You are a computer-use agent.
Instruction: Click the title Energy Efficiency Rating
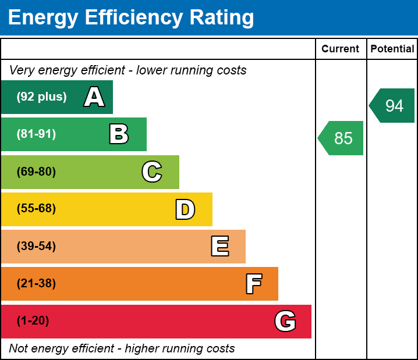131,18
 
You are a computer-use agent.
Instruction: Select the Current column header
341,49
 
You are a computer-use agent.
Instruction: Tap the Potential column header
392,49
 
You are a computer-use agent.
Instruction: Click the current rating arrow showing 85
342,138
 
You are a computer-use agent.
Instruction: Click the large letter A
94,97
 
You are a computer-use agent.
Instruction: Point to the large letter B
119,134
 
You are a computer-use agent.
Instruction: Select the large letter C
151,172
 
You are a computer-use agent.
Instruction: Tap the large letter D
185,209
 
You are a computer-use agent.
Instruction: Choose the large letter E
219,247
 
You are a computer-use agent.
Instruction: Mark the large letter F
253,284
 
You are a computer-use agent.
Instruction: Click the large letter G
285,321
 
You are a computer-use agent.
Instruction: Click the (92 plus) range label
41,97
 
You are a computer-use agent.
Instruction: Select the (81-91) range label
36,134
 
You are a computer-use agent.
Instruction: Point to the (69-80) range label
36,172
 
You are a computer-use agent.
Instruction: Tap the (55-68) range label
36,209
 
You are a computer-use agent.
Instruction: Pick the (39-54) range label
36,247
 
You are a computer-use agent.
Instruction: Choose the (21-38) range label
36,284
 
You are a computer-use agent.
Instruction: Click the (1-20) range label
33,321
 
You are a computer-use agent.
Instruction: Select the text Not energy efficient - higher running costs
122,349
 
